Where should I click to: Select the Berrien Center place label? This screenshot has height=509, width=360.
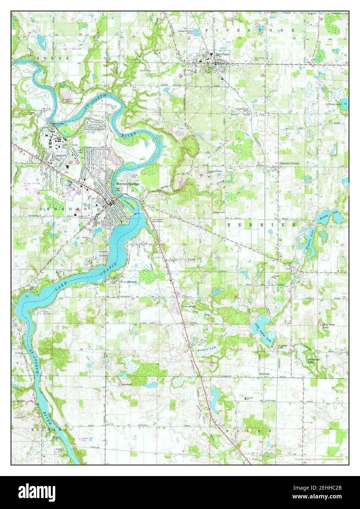(290, 163)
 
